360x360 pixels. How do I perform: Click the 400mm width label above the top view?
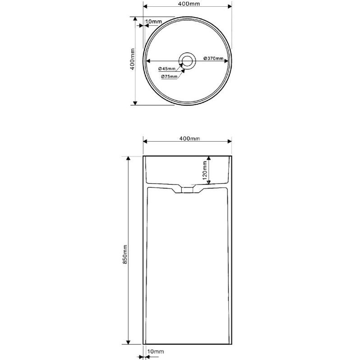click(x=189, y=4)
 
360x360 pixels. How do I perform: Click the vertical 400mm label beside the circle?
click(x=133, y=59)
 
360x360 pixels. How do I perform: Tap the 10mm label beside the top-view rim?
click(x=153, y=22)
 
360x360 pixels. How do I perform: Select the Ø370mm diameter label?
click(x=213, y=58)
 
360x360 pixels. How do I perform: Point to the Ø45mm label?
click(x=167, y=69)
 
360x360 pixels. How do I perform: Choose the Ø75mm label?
click(x=169, y=76)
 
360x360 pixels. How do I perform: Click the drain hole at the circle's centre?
click(x=187, y=61)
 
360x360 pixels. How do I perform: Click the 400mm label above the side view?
click(x=189, y=138)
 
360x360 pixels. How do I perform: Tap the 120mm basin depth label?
click(x=204, y=171)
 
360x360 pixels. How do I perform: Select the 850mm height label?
click(x=125, y=254)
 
